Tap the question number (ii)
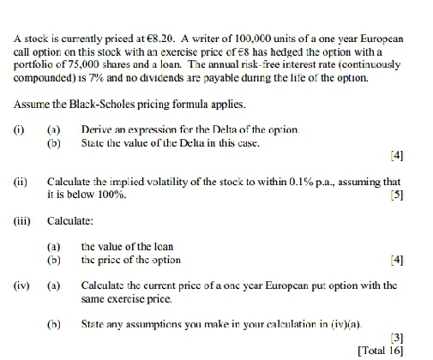(20, 183)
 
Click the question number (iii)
(21, 219)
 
